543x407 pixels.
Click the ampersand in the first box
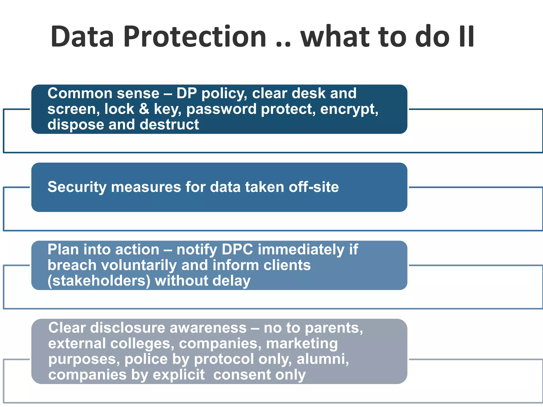tap(144, 109)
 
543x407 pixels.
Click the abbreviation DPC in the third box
tap(237, 250)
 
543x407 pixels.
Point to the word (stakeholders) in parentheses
tap(99, 281)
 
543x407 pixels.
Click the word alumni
tap(322, 359)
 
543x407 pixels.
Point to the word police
tap(146, 359)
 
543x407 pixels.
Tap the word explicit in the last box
tap(179, 375)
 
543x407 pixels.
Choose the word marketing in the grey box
tap(302, 344)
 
